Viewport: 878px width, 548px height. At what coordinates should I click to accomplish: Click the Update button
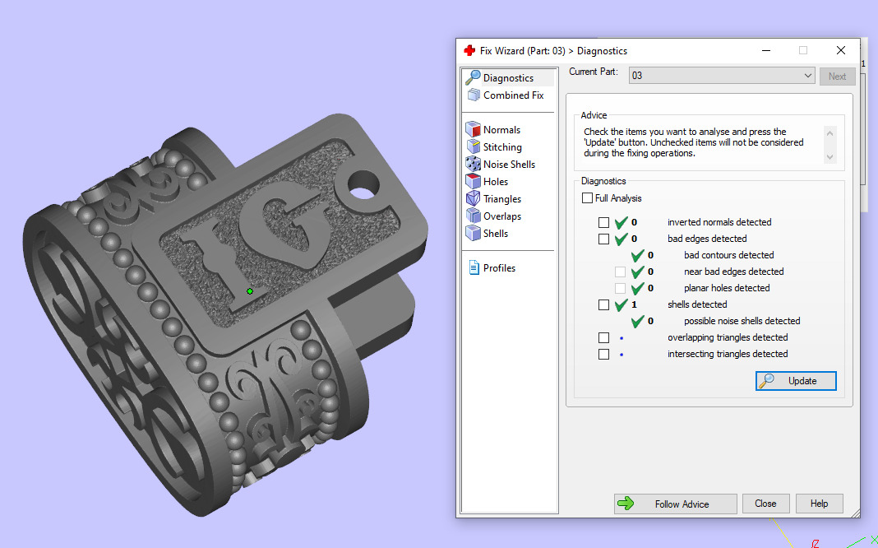[796, 381]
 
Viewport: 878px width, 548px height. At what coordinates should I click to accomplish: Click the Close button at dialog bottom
[765, 504]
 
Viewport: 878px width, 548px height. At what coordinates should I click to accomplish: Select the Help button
[819, 504]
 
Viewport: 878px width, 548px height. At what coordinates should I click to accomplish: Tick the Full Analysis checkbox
[587, 198]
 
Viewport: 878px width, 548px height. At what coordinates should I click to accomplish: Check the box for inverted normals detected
[604, 222]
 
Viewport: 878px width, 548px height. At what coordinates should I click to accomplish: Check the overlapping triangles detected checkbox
[604, 337]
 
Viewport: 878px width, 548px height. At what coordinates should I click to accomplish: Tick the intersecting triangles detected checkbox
[604, 354]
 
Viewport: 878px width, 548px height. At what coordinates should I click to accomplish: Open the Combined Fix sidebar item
[513, 95]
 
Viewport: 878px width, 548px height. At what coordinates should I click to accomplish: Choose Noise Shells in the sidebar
[508, 165]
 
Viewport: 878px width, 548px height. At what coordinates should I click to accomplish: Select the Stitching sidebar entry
[501, 147]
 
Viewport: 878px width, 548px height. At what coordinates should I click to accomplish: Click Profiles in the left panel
[499, 268]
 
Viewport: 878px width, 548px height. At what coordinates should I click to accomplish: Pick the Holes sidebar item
[495, 182]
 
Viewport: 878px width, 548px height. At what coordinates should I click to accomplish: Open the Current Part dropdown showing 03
[722, 76]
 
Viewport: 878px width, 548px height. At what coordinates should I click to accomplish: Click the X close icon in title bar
[840, 50]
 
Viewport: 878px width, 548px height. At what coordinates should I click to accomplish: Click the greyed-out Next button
[837, 77]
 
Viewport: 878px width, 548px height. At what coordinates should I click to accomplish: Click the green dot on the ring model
[250, 291]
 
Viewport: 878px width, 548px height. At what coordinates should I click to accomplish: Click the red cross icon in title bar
[470, 50]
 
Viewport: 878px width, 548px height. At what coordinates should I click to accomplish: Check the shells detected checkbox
[604, 304]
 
